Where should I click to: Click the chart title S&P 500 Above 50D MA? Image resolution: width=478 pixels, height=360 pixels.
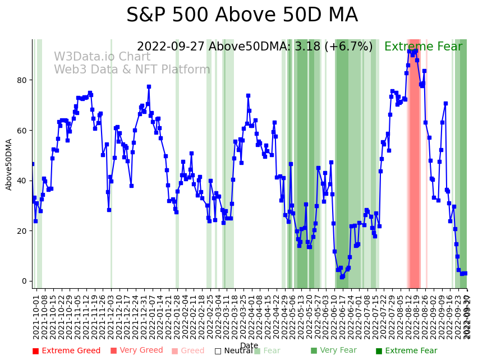[x=242, y=15]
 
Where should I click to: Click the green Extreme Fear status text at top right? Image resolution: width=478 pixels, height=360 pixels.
[x=423, y=47]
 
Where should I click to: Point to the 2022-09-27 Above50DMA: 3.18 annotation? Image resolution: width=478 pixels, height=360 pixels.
[x=255, y=47]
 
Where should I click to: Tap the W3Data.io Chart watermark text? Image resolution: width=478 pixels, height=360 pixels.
[x=102, y=57]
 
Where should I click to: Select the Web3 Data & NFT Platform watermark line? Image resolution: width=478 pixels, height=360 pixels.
[x=132, y=70]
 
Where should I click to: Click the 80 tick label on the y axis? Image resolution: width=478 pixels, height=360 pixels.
[x=22, y=80]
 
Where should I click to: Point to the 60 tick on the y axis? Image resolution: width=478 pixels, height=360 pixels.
[x=22, y=131]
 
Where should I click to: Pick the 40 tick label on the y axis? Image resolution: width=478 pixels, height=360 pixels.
[x=22, y=181]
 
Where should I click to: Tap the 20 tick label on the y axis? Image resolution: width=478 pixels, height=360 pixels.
[x=22, y=231]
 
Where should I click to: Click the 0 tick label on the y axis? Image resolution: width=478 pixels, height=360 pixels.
[x=24, y=281]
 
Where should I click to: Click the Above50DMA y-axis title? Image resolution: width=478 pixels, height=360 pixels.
[x=9, y=164]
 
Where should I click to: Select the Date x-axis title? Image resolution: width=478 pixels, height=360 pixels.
[x=249, y=346]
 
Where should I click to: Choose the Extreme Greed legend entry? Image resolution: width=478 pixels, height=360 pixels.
[x=66, y=351]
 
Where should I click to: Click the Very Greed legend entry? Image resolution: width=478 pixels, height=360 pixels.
[x=136, y=351]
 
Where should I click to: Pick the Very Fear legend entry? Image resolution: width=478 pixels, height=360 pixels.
[x=333, y=351]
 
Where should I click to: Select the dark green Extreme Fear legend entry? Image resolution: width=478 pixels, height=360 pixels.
[x=406, y=351]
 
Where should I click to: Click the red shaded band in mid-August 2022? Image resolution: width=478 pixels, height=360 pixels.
[x=414, y=163]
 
